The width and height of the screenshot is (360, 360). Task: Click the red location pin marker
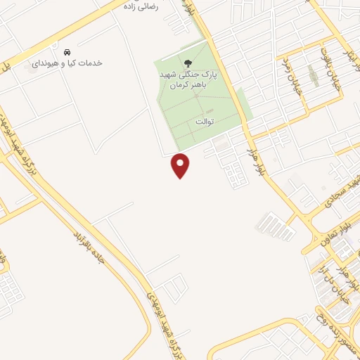[181, 165]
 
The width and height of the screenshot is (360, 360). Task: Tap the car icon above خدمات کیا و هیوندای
[67, 53]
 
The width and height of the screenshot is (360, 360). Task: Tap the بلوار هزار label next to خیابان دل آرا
[342, 266]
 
